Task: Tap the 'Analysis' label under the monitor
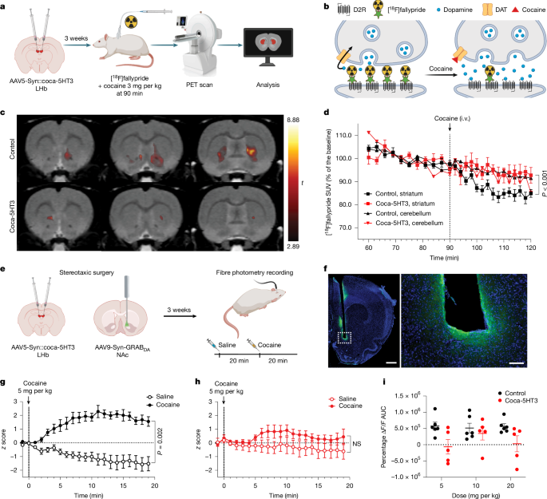[x=268, y=81]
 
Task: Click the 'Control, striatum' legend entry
[x=367, y=193]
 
